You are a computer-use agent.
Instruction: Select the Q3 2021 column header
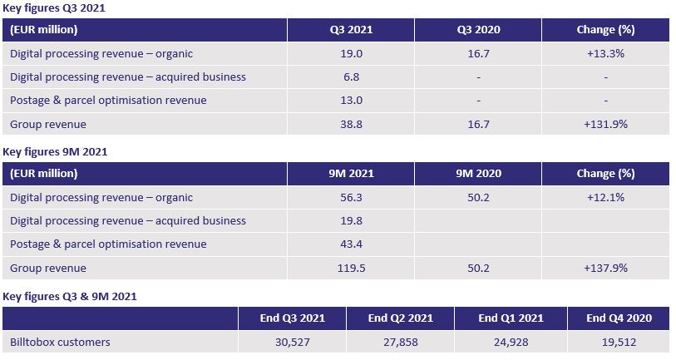[x=351, y=30]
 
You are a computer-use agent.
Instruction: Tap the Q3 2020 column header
[x=478, y=30]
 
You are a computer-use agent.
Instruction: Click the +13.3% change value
[x=605, y=54]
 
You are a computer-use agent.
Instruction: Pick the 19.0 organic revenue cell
[x=351, y=54]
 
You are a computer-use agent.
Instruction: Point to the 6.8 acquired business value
[x=351, y=77]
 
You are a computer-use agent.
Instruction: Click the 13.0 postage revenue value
[x=351, y=101]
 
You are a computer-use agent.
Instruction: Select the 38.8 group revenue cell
[x=351, y=124]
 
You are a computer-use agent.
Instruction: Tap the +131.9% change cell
[x=605, y=124]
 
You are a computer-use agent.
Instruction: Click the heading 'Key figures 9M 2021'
[x=55, y=152]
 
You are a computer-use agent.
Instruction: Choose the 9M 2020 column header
[x=478, y=174]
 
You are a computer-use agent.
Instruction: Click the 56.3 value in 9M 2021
[x=351, y=198]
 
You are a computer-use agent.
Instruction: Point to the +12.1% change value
[x=605, y=198]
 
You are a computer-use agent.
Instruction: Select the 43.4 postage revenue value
[x=351, y=244]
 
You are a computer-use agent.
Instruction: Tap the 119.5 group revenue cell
[x=351, y=269]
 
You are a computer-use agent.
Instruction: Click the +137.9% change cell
[x=605, y=269]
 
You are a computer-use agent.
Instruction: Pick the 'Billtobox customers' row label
[x=60, y=342]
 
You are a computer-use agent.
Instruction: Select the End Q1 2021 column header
[x=511, y=318]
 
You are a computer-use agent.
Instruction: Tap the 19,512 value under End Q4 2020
[x=619, y=342]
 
